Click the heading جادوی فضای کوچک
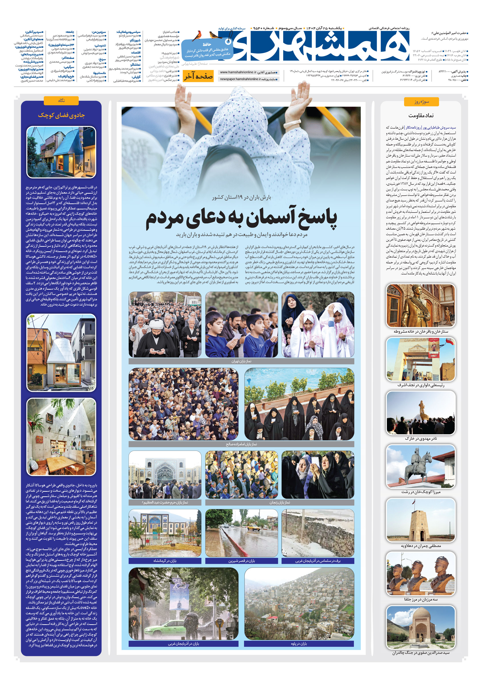pyautogui.click(x=61, y=115)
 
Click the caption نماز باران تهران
pyautogui.click(x=241, y=361)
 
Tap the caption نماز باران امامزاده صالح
pyautogui.click(x=241, y=444)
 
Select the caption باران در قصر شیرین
pyautogui.click(x=242, y=561)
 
